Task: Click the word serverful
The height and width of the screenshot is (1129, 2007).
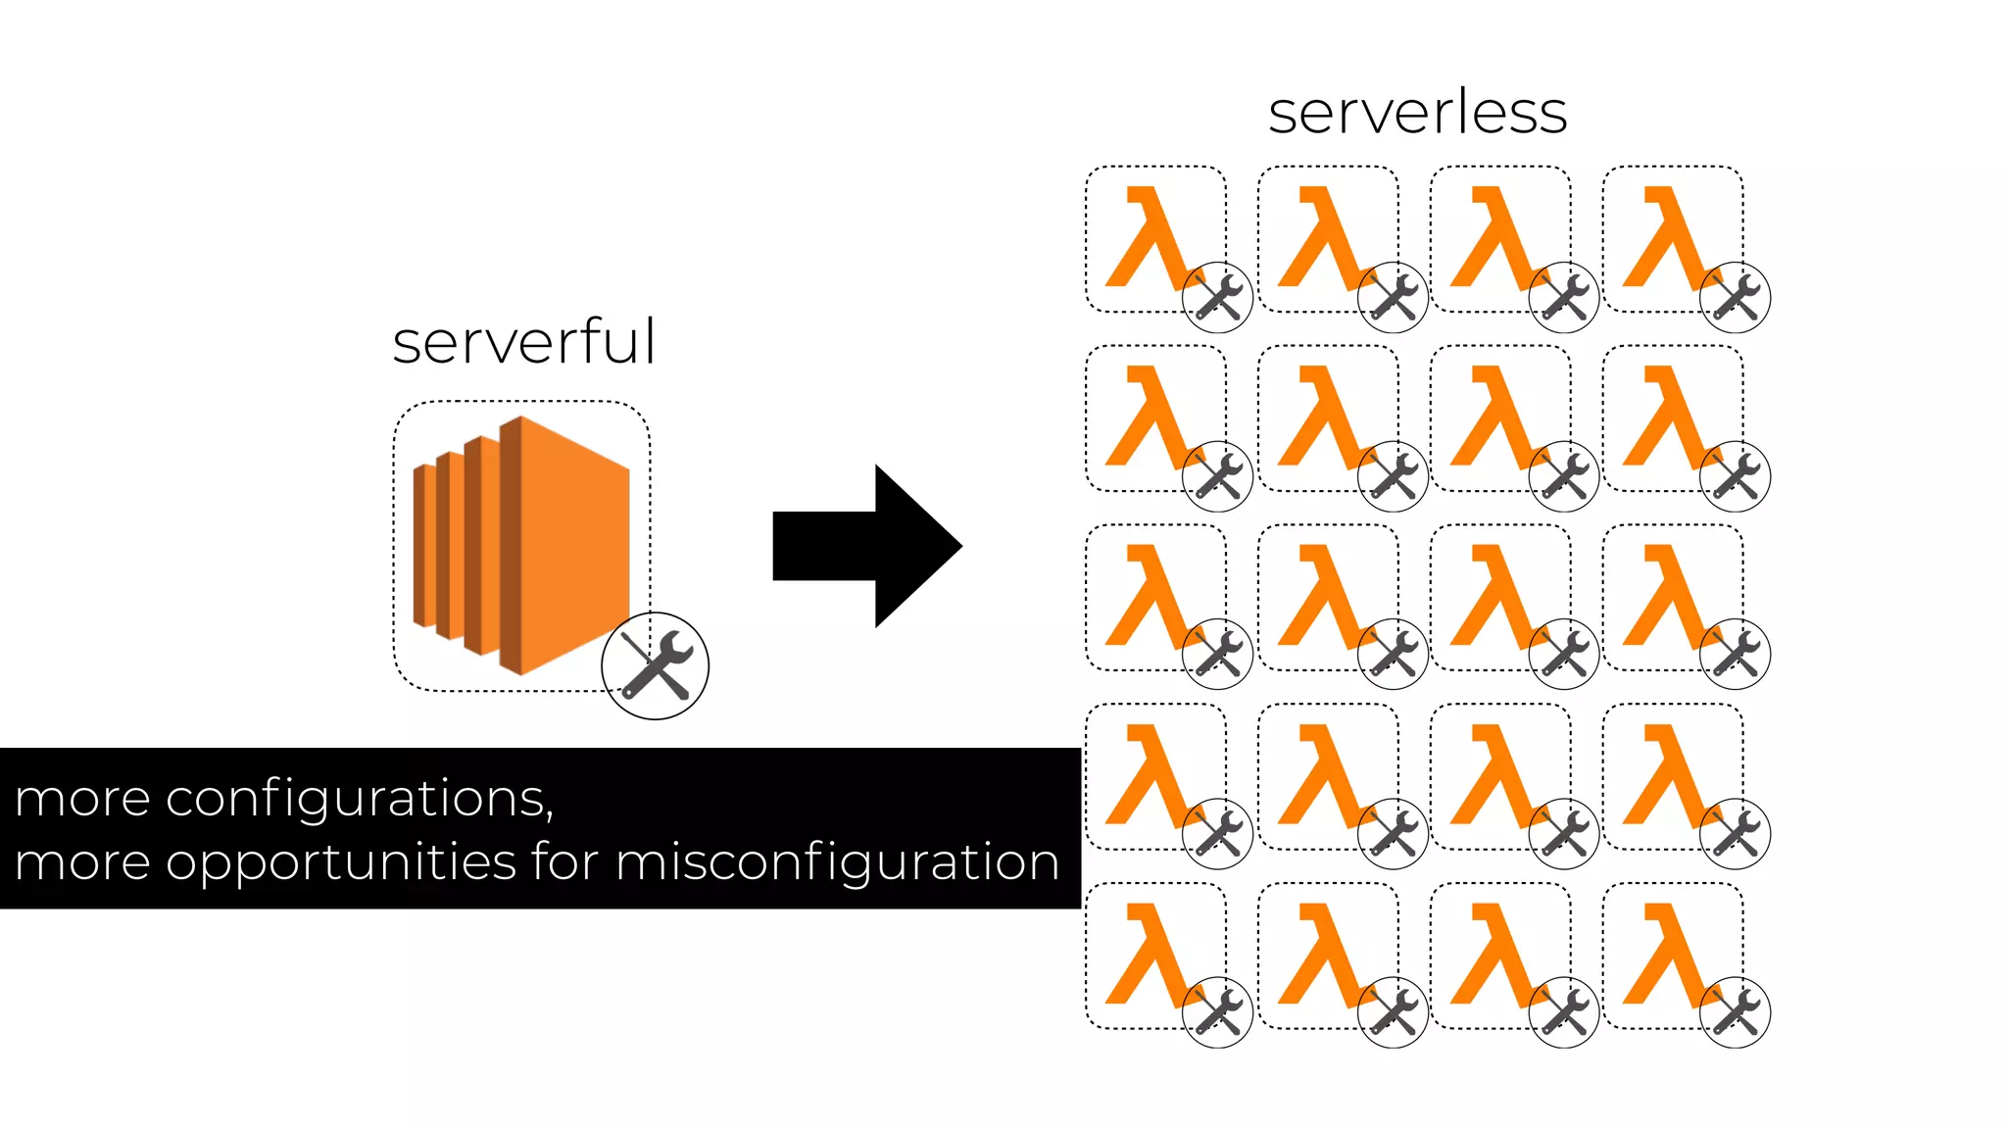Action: [x=523, y=342]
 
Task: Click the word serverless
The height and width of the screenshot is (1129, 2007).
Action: [x=1417, y=113]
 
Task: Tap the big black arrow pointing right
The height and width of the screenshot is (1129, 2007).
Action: [x=866, y=546]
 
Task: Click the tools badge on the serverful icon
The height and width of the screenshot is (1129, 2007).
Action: [x=655, y=665]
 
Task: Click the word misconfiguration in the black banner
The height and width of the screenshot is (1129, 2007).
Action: [x=837, y=862]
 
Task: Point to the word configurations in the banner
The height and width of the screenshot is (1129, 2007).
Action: [x=359, y=799]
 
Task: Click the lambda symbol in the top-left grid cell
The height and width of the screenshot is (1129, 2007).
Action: [x=1149, y=237]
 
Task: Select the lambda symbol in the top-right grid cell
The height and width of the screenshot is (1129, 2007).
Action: [x=1666, y=237]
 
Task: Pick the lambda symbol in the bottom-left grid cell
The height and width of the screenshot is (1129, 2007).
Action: [x=1149, y=955]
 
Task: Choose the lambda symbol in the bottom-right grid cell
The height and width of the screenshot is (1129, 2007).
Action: [x=1666, y=955]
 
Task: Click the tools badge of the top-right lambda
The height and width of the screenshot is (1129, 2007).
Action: [x=1735, y=297]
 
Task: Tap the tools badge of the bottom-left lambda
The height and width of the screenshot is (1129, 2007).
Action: [x=1217, y=1012]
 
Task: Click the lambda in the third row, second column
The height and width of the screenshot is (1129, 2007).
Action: [x=1321, y=596]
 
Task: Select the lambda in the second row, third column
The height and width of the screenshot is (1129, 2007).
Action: [x=1493, y=417]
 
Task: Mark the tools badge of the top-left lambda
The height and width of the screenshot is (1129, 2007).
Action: [x=1217, y=297]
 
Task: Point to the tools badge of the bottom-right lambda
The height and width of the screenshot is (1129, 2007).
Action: [x=1735, y=1012]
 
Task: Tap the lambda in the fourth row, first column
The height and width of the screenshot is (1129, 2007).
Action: [x=1149, y=775]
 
